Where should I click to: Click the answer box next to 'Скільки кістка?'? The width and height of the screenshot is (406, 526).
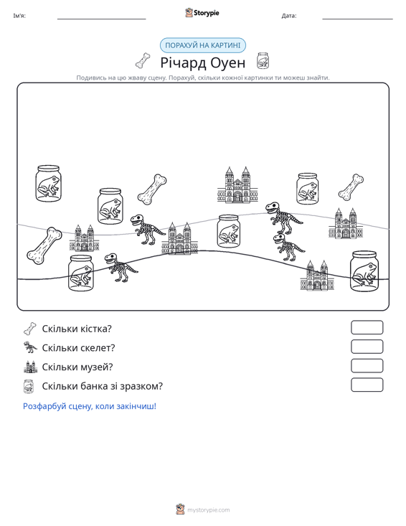coord(367,327)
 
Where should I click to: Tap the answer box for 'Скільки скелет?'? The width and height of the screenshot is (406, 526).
coord(367,347)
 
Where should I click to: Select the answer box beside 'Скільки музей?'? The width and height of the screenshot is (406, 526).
coord(367,366)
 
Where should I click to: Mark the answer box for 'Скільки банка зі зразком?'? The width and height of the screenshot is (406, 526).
coord(367,385)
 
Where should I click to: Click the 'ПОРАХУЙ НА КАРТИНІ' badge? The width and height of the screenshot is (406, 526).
coord(203,45)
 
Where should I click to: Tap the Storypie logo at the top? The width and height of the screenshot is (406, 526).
coord(202,13)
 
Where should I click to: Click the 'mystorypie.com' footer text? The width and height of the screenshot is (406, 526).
coord(208,510)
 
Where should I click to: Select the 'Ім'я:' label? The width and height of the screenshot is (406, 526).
coord(19,16)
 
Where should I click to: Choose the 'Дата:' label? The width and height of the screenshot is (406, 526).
coord(289,16)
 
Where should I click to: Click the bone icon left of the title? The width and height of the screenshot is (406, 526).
coord(143,60)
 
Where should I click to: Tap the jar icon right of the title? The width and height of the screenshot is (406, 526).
coord(263,60)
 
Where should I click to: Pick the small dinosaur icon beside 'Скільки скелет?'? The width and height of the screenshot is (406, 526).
coord(30,347)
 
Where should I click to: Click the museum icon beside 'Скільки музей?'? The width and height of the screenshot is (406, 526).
coord(30,367)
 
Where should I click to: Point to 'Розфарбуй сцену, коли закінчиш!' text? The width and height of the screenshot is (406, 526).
coord(90,406)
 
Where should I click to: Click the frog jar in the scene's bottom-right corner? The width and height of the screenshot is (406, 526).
coord(364,271)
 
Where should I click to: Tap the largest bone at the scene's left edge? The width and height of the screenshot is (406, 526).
coord(44,245)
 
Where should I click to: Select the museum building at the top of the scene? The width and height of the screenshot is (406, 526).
coord(237,185)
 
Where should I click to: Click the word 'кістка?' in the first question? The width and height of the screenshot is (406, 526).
coord(95,329)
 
